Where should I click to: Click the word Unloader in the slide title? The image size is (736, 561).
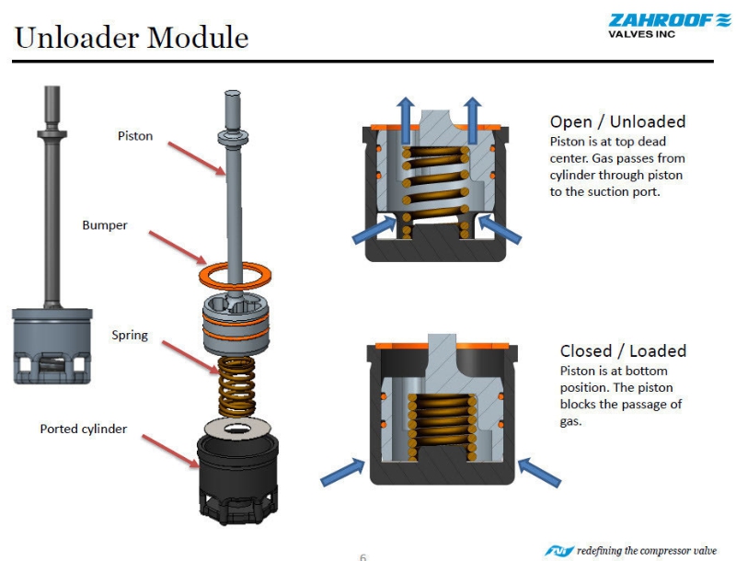click(76, 37)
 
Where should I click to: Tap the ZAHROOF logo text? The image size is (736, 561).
click(661, 20)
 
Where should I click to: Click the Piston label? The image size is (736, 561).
click(135, 136)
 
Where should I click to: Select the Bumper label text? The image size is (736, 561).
click(105, 225)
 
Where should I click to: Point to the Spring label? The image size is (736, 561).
click(130, 336)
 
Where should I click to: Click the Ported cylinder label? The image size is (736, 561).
click(84, 429)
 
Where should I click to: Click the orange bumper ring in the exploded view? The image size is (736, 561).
click(236, 275)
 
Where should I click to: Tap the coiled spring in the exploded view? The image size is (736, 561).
click(237, 386)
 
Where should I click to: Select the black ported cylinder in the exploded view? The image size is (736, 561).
click(237, 478)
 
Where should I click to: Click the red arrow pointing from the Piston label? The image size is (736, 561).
click(197, 158)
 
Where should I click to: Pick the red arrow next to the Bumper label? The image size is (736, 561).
click(178, 247)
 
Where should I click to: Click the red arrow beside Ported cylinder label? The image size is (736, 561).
click(171, 451)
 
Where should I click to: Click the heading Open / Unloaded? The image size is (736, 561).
click(617, 122)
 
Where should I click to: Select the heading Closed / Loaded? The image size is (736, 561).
click(624, 351)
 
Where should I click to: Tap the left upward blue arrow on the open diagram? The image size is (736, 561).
click(406, 120)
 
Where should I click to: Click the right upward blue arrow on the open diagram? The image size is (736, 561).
click(473, 120)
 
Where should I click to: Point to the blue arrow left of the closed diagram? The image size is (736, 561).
click(342, 473)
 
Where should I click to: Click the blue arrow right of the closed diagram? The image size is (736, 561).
click(539, 473)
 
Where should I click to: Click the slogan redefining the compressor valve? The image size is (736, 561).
click(647, 550)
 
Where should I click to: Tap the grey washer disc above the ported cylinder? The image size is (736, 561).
click(238, 428)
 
